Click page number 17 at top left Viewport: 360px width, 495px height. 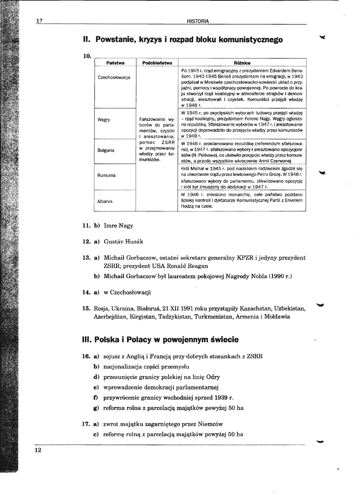click(x=39, y=21)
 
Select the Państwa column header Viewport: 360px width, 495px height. click(x=115, y=62)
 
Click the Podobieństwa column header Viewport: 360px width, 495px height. click(x=157, y=62)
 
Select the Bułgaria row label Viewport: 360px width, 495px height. click(x=106, y=150)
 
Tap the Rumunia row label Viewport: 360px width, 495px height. click(x=106, y=176)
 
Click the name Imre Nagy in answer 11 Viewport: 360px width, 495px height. click(x=118, y=226)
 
